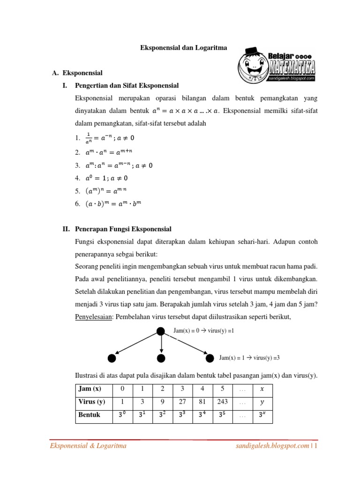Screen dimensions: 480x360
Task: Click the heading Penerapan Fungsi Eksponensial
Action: pos(123,229)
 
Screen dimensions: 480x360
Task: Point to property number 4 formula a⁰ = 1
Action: pos(107,178)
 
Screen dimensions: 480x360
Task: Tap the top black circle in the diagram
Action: pos(161,331)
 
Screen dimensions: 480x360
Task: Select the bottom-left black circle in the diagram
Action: pos(112,359)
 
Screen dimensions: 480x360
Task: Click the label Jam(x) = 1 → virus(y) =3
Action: pos(249,358)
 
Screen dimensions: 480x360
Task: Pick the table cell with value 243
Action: pos(222,402)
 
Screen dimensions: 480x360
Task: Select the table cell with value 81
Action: pos(202,402)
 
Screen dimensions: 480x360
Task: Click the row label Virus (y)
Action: pos(92,402)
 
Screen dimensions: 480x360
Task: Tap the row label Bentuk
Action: pos(90,415)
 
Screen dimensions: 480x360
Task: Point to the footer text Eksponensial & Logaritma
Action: pos(88,446)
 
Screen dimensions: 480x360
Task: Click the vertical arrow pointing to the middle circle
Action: pos(161,345)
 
